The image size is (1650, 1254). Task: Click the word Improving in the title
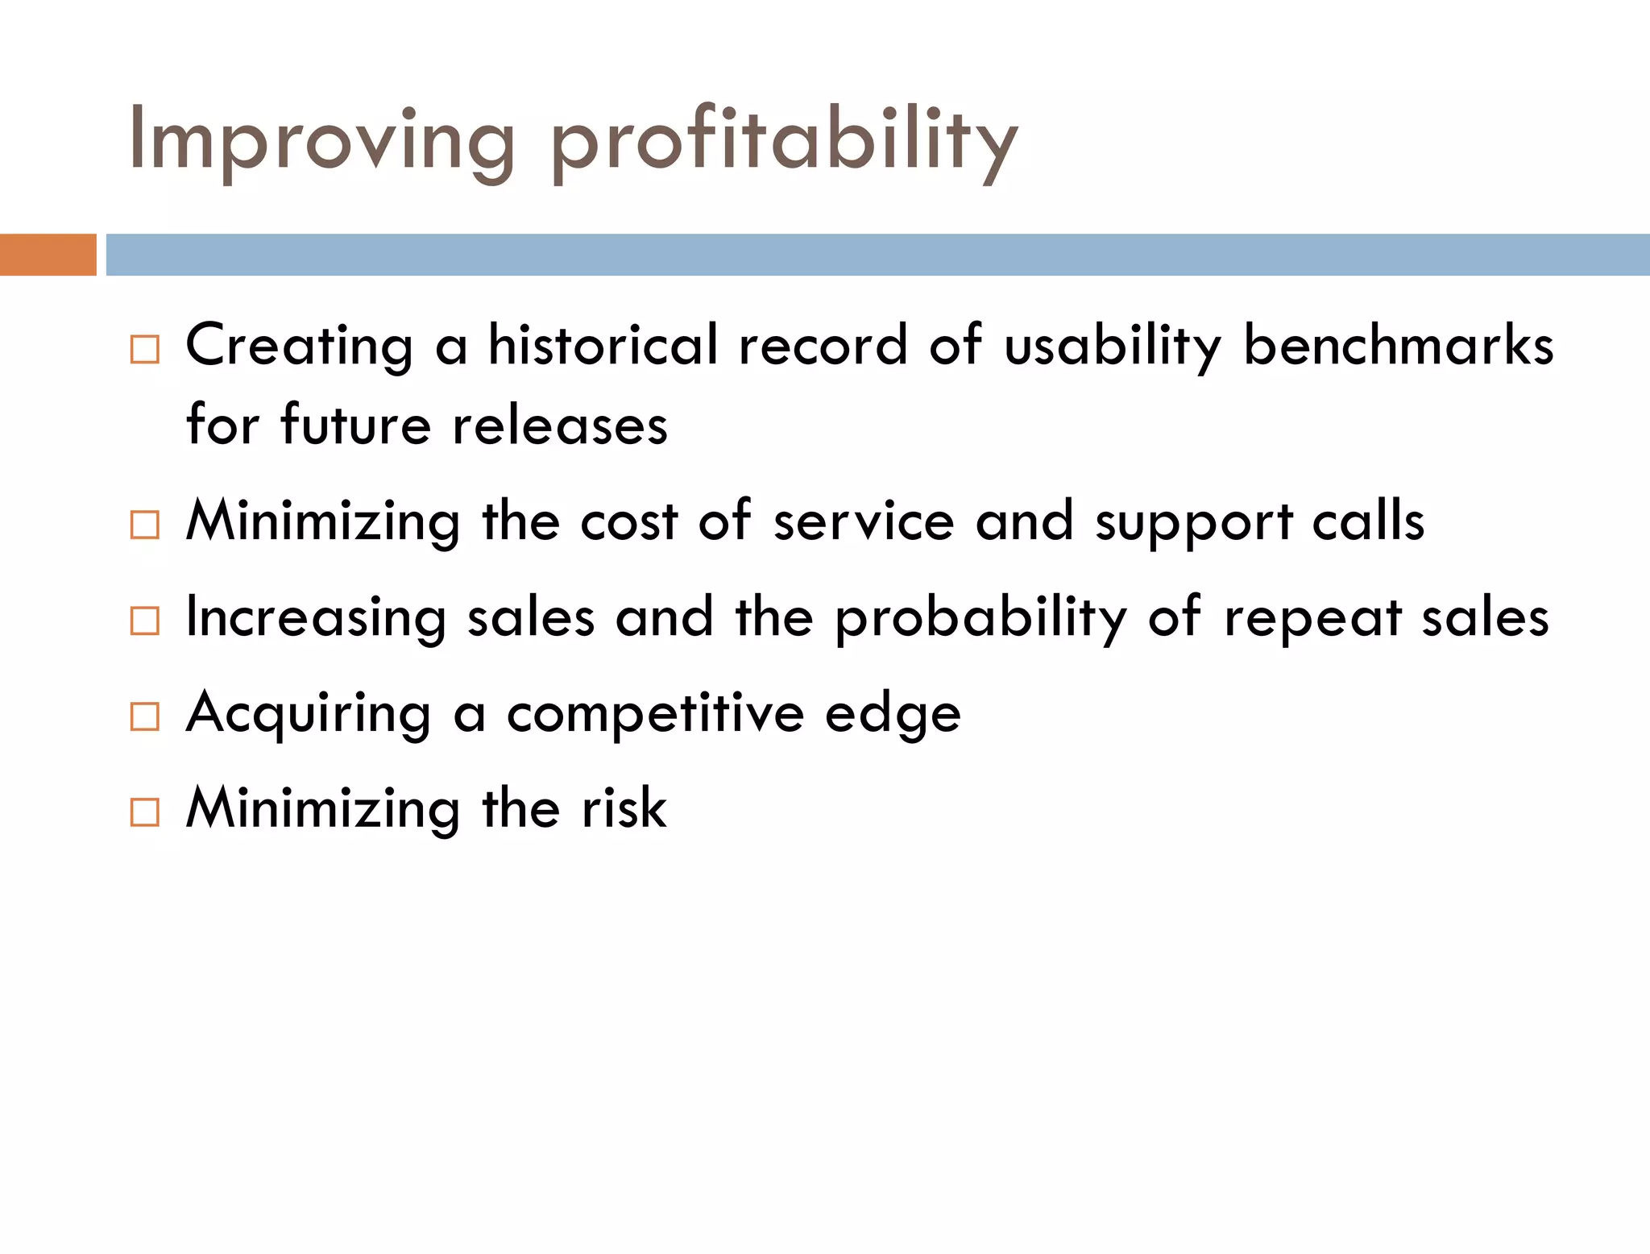click(x=321, y=141)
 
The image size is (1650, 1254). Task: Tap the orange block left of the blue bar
click(x=48, y=255)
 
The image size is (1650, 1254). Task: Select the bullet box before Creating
click(x=145, y=350)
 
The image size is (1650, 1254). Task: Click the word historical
click(x=603, y=345)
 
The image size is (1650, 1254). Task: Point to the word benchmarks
click(x=1398, y=345)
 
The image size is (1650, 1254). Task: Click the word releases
click(x=560, y=425)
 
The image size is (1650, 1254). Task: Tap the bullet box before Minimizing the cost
click(x=145, y=525)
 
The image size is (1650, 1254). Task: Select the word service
click(x=864, y=521)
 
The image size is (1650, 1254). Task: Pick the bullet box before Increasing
click(x=145, y=621)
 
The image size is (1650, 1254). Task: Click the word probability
click(x=980, y=618)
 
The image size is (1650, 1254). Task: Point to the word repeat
click(x=1312, y=618)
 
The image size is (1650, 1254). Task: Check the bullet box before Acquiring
click(x=145, y=716)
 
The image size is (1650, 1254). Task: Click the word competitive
click(x=655, y=713)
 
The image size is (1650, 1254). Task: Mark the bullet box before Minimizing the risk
click(x=145, y=812)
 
